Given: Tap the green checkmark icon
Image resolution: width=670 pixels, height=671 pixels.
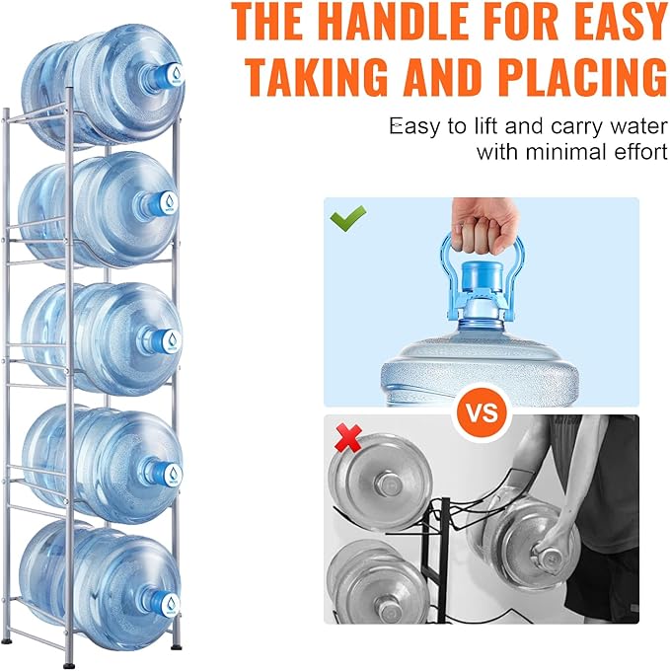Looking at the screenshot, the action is (x=348, y=218).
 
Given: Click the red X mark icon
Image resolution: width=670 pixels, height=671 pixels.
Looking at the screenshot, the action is (x=348, y=438).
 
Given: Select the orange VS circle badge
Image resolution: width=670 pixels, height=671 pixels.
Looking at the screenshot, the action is (x=482, y=412).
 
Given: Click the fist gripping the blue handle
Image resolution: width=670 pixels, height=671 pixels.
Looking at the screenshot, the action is (x=484, y=227).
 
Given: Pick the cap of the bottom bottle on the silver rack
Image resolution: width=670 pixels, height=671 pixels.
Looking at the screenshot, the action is (x=170, y=604).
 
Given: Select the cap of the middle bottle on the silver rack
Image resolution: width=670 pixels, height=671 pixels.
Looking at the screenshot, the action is (x=172, y=340).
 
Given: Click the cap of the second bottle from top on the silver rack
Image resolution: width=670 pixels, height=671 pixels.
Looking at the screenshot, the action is (x=168, y=202).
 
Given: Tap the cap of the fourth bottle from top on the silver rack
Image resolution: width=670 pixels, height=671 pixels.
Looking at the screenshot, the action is (x=172, y=475).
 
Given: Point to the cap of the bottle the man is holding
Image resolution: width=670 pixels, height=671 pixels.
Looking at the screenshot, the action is (x=548, y=557).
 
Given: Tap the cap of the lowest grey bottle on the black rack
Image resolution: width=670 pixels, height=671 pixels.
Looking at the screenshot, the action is (x=387, y=609).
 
